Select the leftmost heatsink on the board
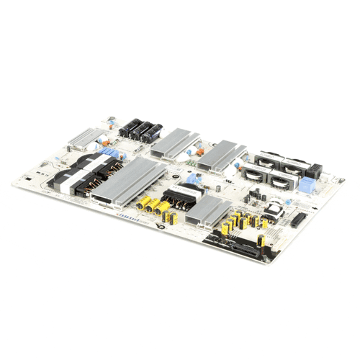(85, 136)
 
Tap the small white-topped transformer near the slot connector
(274, 210)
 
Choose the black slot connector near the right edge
(297, 219)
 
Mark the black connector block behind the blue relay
(314, 171)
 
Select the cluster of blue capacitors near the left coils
(107, 152)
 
